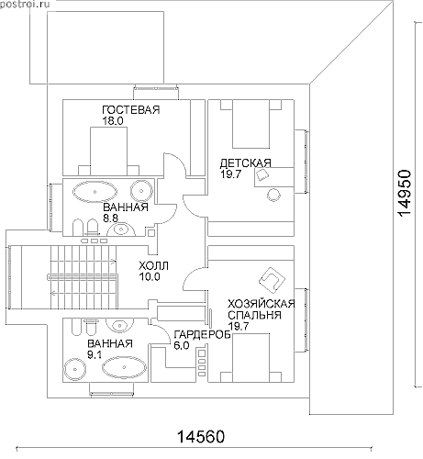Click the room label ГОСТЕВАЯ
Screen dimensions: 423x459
pyautogui.click(x=131, y=109)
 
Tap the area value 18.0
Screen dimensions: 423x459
pyautogui.click(x=113, y=121)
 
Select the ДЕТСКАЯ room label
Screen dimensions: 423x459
pyautogui.click(x=246, y=163)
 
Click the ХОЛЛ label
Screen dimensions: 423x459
pyautogui.click(x=153, y=265)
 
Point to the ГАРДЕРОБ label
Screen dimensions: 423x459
pyautogui.click(x=202, y=335)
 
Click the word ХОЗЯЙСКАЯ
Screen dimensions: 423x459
pyautogui.click(x=262, y=304)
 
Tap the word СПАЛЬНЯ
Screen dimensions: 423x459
pyautogui.click(x=254, y=315)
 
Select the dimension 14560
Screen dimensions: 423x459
pyautogui.click(x=201, y=437)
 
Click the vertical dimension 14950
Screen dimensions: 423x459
pyautogui.click(x=405, y=193)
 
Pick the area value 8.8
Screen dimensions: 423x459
pyautogui.click(x=111, y=218)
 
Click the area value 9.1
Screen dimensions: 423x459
pyautogui.click(x=95, y=355)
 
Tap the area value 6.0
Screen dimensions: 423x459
pyautogui.click(x=182, y=346)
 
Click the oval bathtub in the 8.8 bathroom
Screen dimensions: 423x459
pyautogui.click(x=95, y=192)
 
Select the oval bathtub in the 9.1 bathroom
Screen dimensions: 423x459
pyautogui.click(x=124, y=367)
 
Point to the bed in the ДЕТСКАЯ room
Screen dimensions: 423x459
pyautogui.click(x=250, y=124)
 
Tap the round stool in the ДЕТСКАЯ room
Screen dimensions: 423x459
pyautogui.click(x=273, y=195)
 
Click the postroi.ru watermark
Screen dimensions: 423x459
pyautogui.click(x=20, y=5)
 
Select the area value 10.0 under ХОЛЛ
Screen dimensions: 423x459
pyautogui.click(x=150, y=277)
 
